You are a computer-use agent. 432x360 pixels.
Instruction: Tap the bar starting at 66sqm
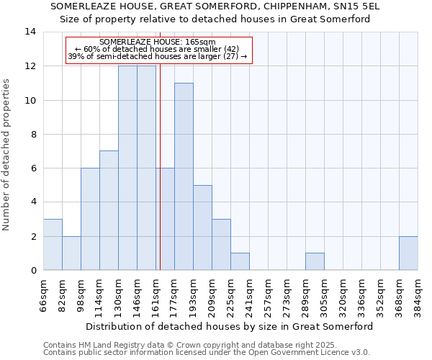53,245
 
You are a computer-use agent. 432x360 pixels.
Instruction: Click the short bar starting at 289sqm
315,262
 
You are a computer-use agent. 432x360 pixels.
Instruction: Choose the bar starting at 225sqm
240,262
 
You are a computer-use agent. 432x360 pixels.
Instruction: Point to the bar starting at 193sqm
202,228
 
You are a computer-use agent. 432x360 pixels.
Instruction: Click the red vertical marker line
160,180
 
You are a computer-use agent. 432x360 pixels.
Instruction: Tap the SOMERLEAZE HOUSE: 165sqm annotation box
158,50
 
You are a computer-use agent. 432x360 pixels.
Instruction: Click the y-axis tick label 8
33,134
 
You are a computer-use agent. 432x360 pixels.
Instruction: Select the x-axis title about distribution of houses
230,326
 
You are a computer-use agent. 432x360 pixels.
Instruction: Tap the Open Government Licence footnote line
207,353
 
